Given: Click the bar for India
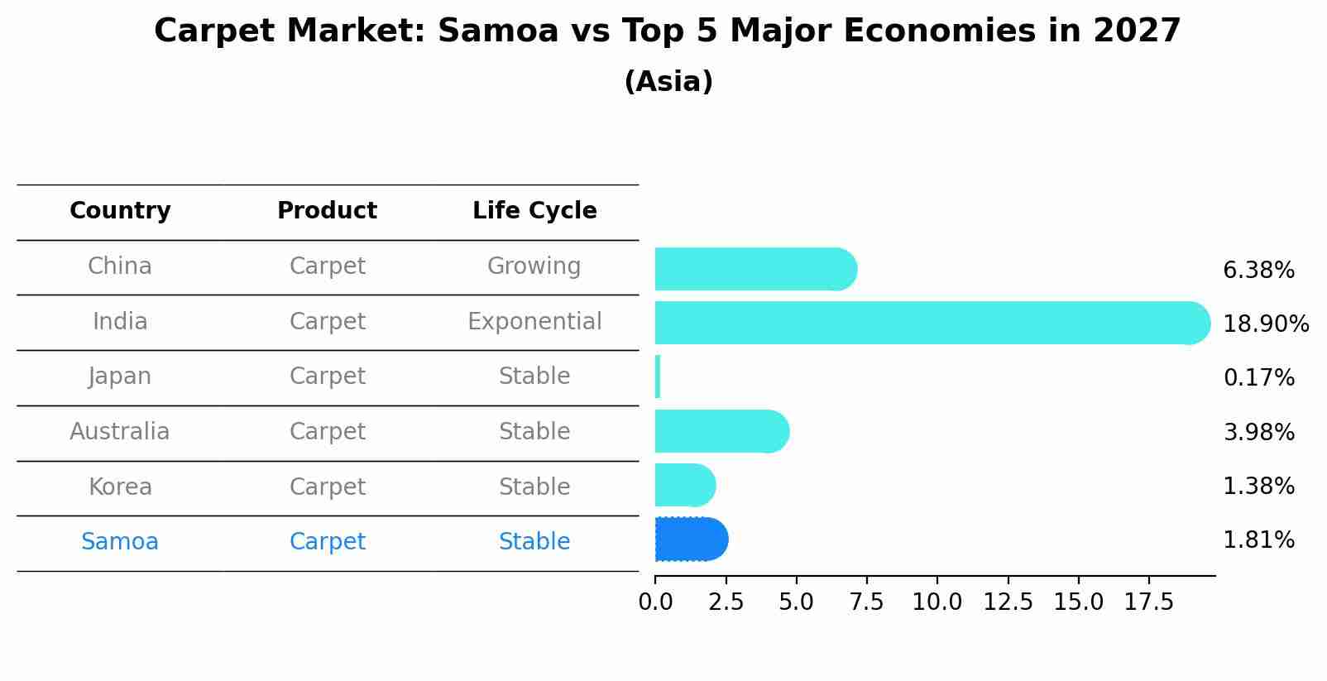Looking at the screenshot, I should (x=931, y=323).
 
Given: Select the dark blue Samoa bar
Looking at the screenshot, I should (x=690, y=540).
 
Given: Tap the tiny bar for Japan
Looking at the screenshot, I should (x=658, y=377).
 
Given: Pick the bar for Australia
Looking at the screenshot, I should (x=721, y=431).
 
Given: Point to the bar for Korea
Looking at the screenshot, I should (x=684, y=486).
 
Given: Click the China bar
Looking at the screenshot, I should (x=755, y=269).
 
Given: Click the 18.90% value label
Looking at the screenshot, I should (x=1265, y=324).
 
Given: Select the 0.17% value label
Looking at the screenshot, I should (x=1258, y=378).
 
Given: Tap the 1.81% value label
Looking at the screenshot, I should (x=1258, y=540).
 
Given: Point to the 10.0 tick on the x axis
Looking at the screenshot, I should (x=937, y=602).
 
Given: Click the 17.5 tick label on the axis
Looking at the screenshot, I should (x=1148, y=602).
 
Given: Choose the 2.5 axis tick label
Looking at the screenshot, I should (x=726, y=602).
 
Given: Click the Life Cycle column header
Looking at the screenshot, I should (x=534, y=211).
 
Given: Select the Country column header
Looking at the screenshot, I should (x=120, y=211).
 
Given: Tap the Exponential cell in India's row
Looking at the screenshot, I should (x=534, y=321).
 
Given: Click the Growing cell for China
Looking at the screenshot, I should (x=534, y=266).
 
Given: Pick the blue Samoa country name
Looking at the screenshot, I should (x=120, y=542).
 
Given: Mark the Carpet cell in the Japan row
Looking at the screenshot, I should (x=327, y=376).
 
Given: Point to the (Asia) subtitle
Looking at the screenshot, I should (x=668, y=82).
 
